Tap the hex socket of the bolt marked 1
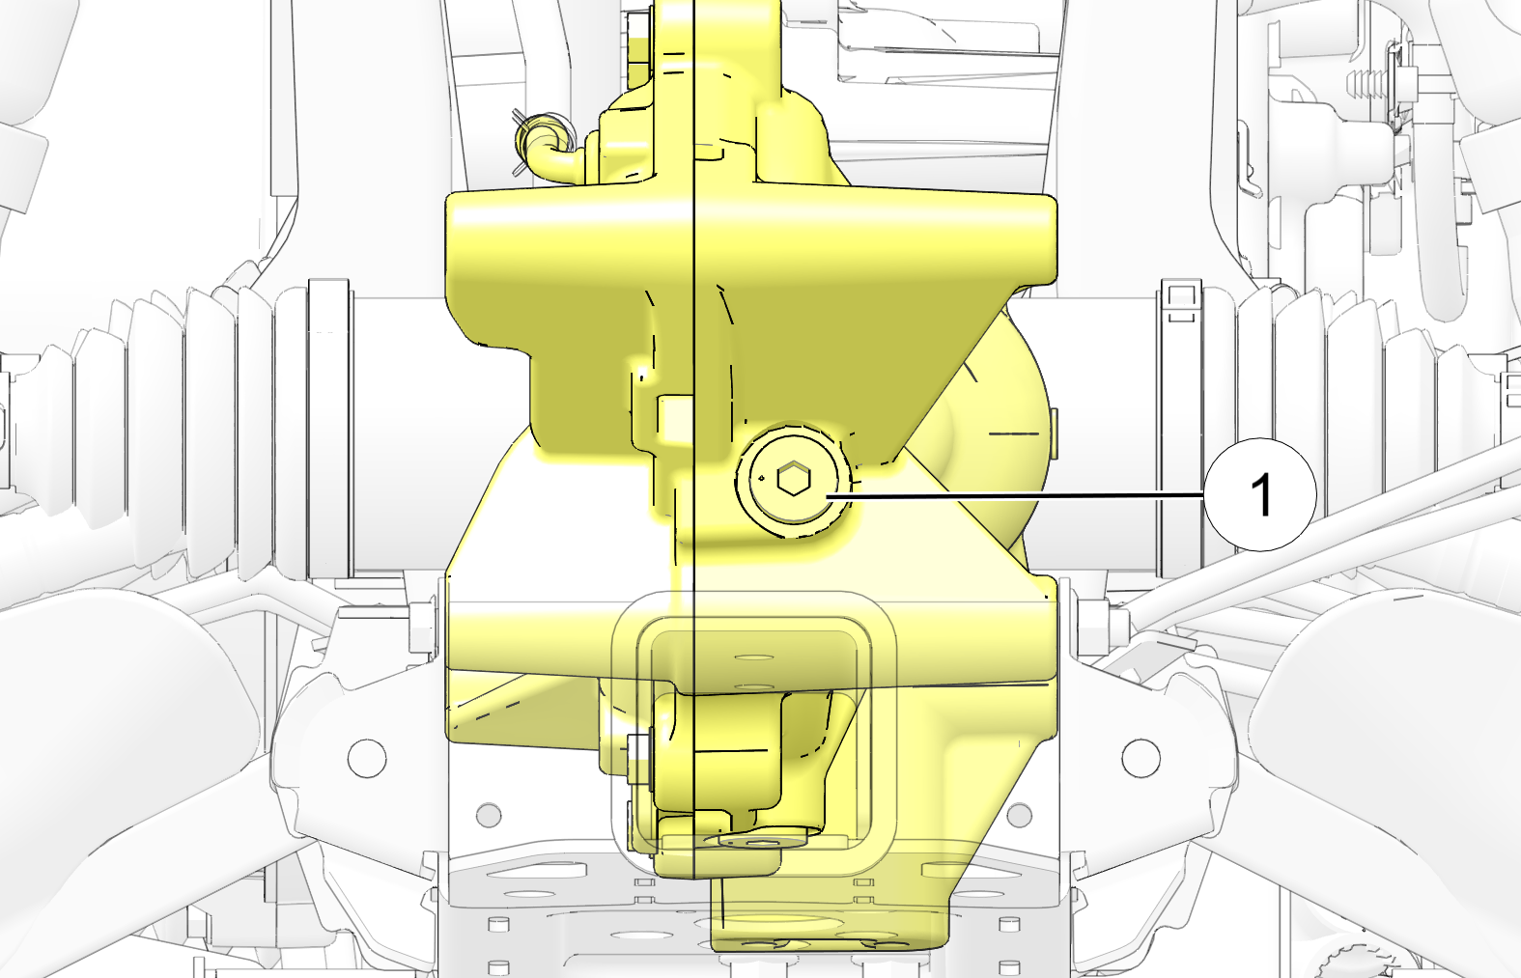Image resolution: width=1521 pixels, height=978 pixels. (x=793, y=479)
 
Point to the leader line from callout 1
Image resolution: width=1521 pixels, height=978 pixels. (x=1016, y=496)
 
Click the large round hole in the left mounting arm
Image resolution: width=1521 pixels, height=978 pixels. (x=367, y=758)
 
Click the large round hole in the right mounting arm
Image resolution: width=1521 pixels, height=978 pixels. (x=1141, y=758)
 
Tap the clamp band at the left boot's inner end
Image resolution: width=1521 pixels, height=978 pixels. (x=328, y=429)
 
